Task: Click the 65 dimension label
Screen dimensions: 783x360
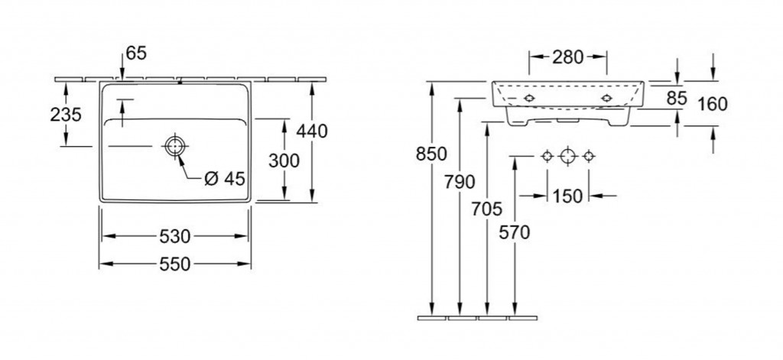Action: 136,53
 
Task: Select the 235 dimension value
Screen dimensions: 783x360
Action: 66,115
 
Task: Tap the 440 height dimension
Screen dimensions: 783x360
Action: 312,131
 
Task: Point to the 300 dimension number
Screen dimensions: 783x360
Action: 284,161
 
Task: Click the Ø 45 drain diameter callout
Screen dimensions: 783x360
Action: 226,178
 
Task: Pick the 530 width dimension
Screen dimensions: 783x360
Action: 175,236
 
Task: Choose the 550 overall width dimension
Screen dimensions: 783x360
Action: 175,264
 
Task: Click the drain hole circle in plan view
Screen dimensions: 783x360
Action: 175,146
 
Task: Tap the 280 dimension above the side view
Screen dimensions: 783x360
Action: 568,57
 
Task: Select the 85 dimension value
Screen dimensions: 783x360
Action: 677,99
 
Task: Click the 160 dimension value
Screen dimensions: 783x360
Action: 713,105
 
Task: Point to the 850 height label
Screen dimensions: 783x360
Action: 431,154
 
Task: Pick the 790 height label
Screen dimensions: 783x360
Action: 460,182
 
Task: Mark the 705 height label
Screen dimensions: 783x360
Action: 487,209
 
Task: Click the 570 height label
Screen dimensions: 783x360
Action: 515,232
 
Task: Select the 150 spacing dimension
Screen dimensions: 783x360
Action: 568,196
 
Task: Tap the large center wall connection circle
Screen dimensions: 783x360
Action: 568,156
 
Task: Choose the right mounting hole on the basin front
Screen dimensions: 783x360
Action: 606,99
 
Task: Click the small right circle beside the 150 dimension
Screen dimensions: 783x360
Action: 589,156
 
